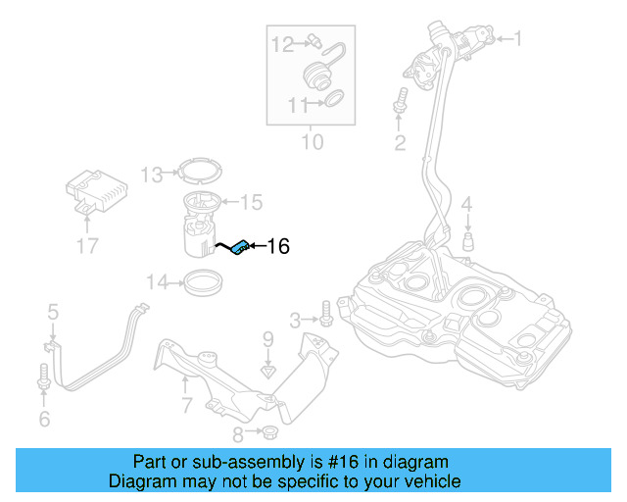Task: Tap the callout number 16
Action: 278,247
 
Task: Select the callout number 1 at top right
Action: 518,39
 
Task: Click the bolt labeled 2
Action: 400,101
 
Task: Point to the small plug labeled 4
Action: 468,241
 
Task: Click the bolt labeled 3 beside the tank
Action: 326,318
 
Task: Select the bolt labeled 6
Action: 43,376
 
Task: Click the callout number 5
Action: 53,313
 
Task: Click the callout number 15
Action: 251,202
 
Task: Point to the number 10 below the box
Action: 311,143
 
